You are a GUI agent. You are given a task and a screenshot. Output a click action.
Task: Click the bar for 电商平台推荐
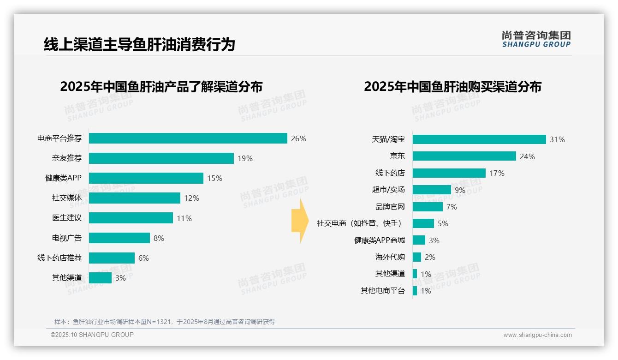click(x=188, y=138)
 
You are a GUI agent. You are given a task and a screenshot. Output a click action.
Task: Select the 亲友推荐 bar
click(x=161, y=158)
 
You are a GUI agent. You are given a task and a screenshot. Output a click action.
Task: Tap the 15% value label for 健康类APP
click(x=214, y=178)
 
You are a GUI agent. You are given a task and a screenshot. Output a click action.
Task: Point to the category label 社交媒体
click(x=67, y=198)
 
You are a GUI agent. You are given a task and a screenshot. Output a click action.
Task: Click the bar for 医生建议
click(x=131, y=218)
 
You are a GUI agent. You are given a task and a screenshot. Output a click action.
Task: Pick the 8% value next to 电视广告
click(x=159, y=238)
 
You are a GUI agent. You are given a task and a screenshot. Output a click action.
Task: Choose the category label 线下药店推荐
click(x=59, y=258)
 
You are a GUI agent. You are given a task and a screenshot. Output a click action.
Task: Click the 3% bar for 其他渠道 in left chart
click(x=100, y=278)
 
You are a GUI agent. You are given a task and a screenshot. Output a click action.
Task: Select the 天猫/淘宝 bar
click(x=479, y=139)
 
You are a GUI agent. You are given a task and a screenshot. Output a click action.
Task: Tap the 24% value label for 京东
click(x=527, y=156)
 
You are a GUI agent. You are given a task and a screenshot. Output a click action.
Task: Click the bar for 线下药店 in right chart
click(x=449, y=173)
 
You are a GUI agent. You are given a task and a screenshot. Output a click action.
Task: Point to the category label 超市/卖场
click(x=388, y=190)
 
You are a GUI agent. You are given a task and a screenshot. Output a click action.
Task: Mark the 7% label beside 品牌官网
click(x=452, y=207)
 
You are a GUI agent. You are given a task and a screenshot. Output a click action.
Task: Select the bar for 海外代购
click(x=417, y=257)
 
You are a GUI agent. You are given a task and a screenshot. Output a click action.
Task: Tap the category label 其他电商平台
click(x=383, y=291)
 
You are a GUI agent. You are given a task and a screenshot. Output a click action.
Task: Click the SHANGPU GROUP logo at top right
click(x=536, y=39)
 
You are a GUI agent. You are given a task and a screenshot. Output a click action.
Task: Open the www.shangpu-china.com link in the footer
click(x=537, y=335)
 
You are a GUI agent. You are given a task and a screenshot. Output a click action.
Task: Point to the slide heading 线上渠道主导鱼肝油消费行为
click(x=139, y=45)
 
